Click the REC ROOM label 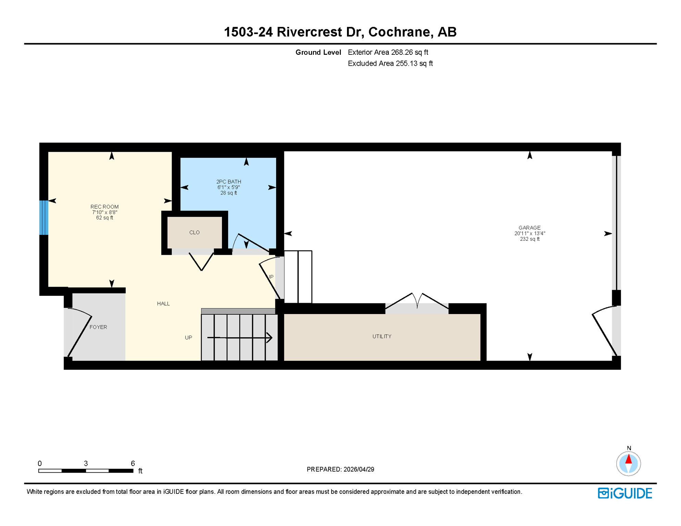coord(104,207)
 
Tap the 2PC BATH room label coord(228,182)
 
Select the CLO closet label coord(194,233)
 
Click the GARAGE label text coord(529,228)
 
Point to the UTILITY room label coord(382,337)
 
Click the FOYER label coord(98,327)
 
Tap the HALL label coord(163,304)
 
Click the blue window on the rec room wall coord(44,218)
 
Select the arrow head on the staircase coord(270,338)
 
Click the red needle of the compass coord(628,459)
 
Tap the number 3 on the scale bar coord(86,464)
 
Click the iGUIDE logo coord(625,493)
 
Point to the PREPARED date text coord(340,469)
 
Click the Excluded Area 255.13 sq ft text coord(390,64)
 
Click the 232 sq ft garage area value coord(529,239)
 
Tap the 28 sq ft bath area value coord(228,193)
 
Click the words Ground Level coord(318,52)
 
